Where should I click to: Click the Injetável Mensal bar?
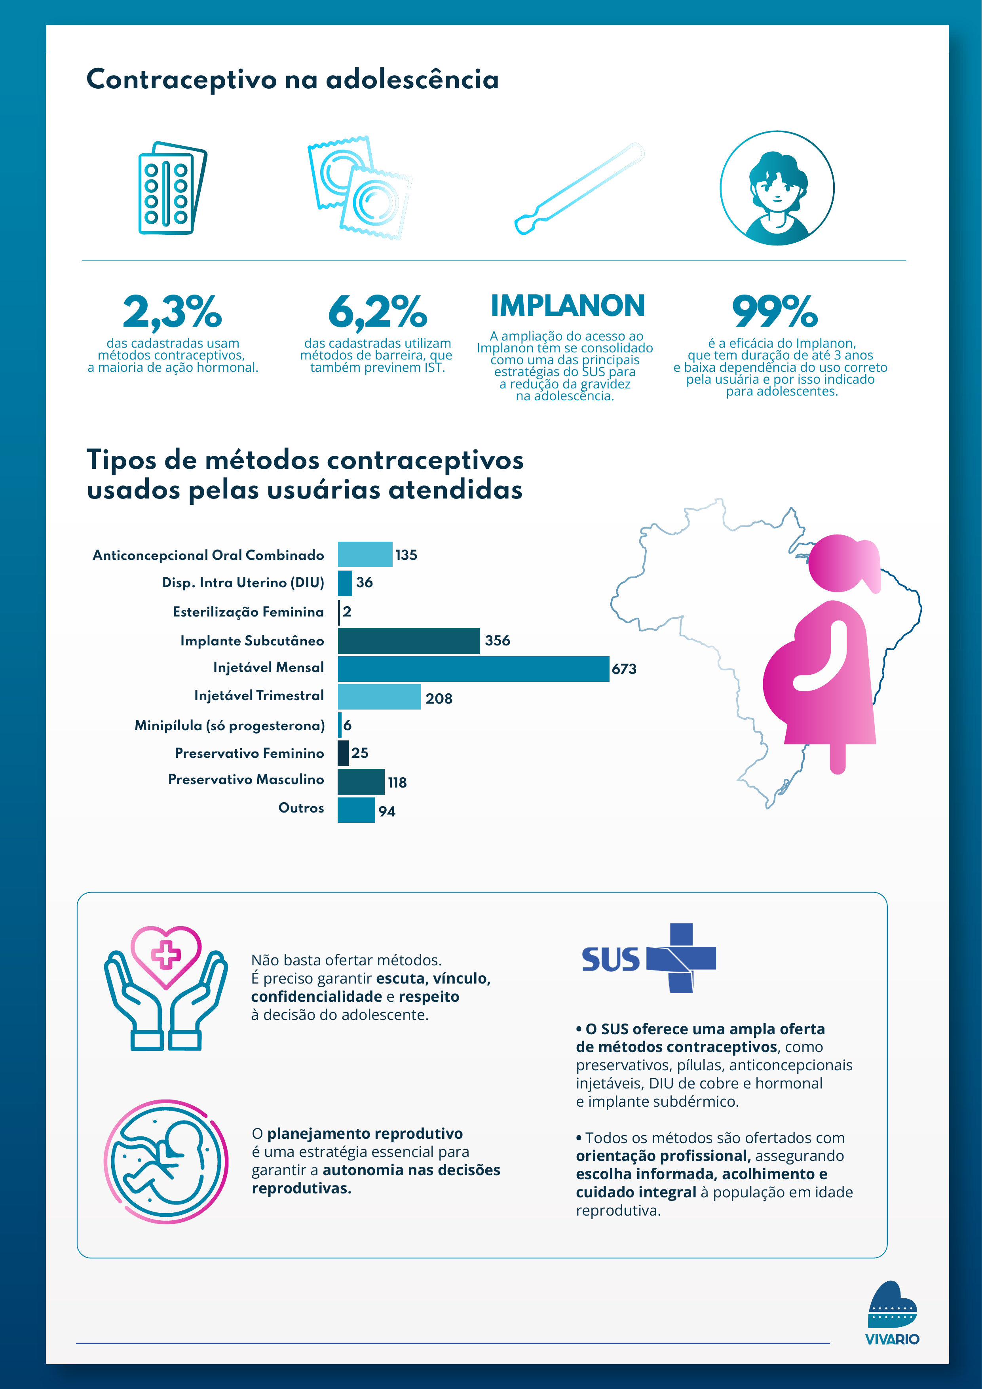point(473,668)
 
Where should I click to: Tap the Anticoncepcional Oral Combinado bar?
point(365,554)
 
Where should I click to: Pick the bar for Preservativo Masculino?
point(361,782)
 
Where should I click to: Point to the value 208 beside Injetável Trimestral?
point(439,699)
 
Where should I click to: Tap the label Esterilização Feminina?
point(248,612)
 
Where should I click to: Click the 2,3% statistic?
point(172,312)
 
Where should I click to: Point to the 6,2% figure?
point(377,312)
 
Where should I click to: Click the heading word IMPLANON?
point(567,306)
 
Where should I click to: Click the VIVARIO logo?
point(892,1313)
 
